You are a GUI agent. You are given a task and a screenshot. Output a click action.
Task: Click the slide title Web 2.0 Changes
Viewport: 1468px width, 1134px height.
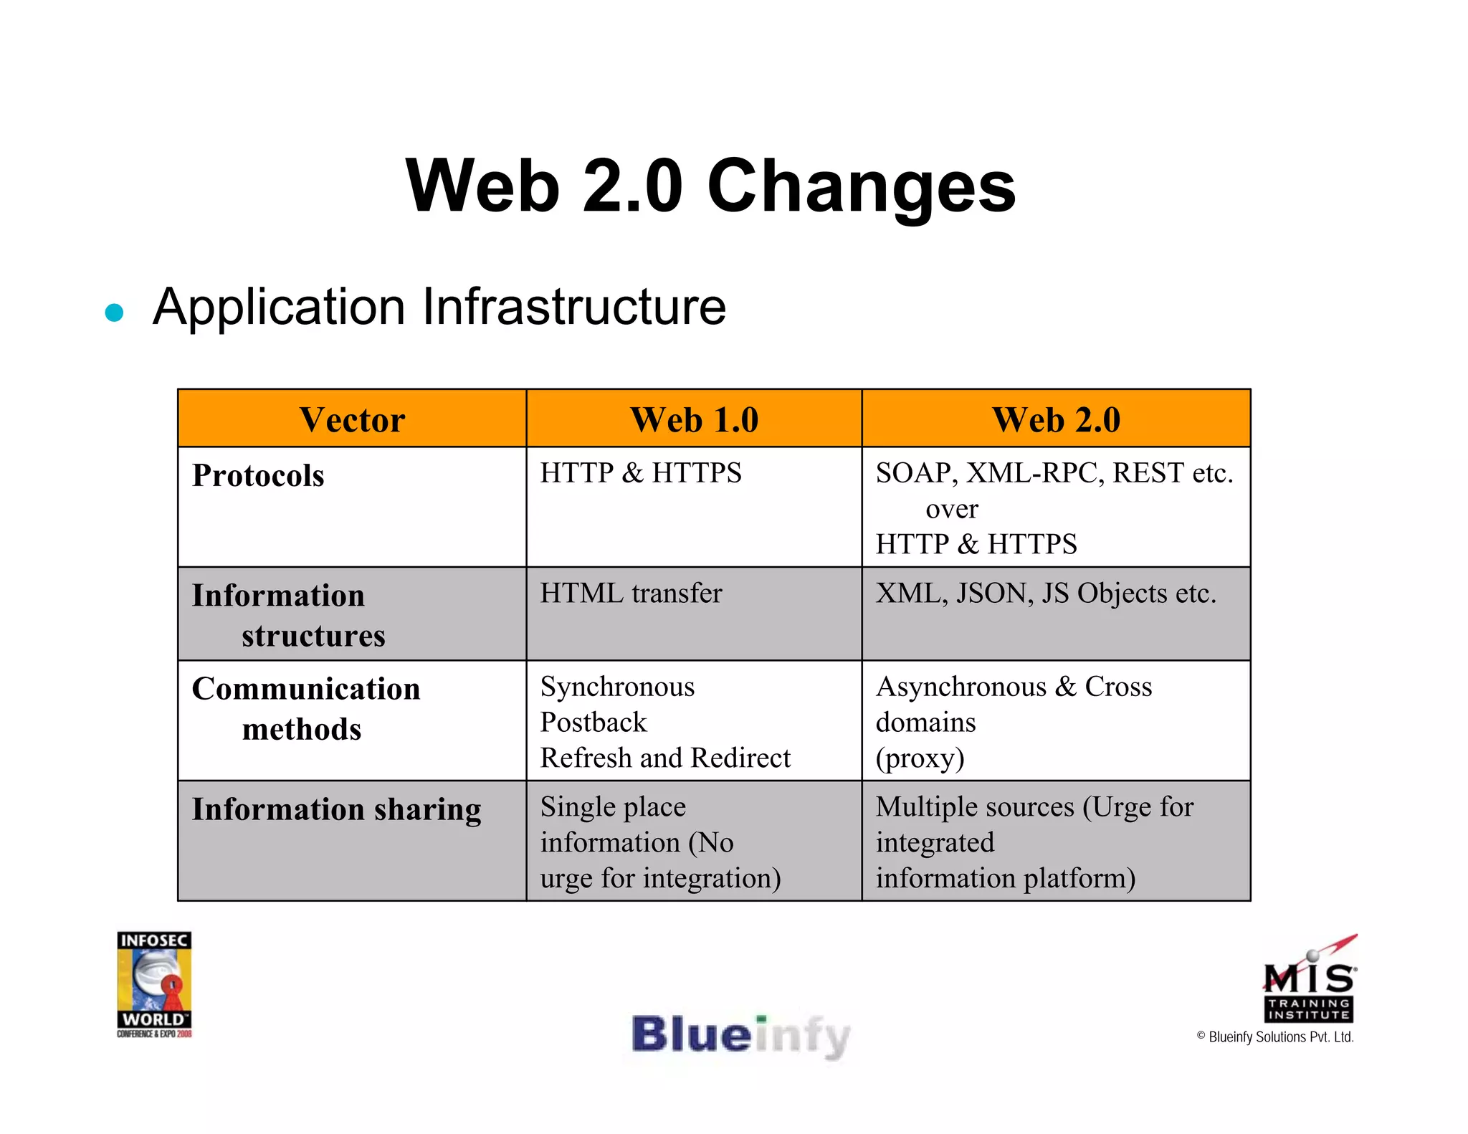pyautogui.click(x=710, y=186)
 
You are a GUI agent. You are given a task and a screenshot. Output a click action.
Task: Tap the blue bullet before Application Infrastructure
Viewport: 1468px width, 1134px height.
pyautogui.click(x=114, y=313)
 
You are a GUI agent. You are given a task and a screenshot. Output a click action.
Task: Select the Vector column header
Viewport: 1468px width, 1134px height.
pyautogui.click(x=352, y=420)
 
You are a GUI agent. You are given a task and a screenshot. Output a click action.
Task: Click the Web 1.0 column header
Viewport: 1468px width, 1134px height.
pyautogui.click(x=694, y=420)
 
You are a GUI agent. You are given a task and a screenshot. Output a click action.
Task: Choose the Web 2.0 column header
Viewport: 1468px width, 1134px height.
pyautogui.click(x=1056, y=420)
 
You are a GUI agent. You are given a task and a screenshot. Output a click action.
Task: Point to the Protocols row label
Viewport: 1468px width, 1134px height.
pyautogui.click(x=258, y=476)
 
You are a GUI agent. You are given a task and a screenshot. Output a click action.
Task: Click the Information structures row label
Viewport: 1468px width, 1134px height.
pyautogui.click(x=289, y=615)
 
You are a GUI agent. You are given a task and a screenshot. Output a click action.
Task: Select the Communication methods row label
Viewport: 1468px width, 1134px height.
pyautogui.click(x=306, y=708)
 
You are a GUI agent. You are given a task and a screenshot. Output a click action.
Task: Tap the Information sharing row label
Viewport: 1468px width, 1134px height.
pyautogui.click(x=336, y=809)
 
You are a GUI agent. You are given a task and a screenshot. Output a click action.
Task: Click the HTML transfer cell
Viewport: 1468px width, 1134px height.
pyautogui.click(x=631, y=594)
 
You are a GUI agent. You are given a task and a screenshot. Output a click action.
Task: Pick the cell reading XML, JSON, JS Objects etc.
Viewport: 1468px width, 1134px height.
pyautogui.click(x=1046, y=594)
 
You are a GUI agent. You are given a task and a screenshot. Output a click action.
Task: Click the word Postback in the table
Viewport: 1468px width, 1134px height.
pyautogui.click(x=594, y=723)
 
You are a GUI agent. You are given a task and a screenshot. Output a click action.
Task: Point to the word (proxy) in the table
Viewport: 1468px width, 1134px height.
pyautogui.click(x=920, y=758)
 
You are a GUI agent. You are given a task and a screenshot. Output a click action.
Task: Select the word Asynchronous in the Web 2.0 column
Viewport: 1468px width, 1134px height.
pyautogui.click(x=961, y=687)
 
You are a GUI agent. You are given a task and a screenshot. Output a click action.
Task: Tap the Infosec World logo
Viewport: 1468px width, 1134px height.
pyautogui.click(x=154, y=983)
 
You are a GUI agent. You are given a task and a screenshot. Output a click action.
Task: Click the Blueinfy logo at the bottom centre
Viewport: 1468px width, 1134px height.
pyautogui.click(x=740, y=1036)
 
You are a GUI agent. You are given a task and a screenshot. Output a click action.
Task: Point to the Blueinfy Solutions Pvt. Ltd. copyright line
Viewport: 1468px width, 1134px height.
pyautogui.click(x=1275, y=1037)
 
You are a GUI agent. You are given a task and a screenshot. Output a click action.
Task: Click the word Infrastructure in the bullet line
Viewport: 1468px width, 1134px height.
pyautogui.click(x=574, y=307)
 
